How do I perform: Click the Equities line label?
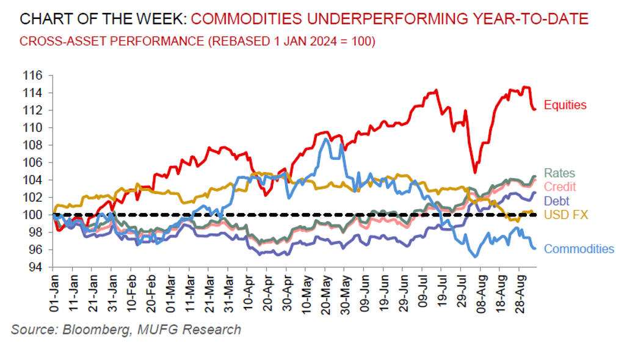pos(565,105)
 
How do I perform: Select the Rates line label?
pos(559,173)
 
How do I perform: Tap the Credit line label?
pos(560,186)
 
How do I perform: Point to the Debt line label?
pos(556,200)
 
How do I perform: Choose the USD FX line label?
pos(563,214)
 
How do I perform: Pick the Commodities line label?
pos(579,248)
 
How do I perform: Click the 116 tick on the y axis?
pos(34,75)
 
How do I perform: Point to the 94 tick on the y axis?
pos(36,267)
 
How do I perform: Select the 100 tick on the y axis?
pos(34,215)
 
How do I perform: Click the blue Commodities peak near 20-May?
pos(327,139)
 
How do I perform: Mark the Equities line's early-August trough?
pos(474,173)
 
